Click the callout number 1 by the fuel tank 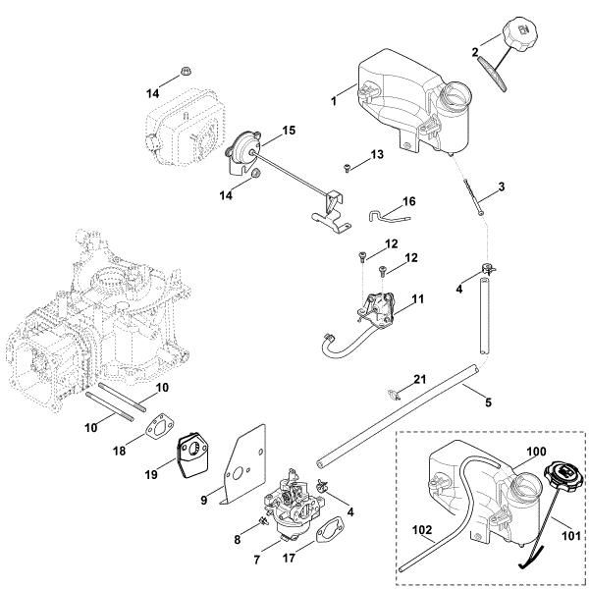334,100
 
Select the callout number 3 501,187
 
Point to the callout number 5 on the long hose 488,402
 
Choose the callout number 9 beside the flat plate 203,500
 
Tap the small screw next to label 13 348,169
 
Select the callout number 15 289,130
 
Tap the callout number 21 419,379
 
